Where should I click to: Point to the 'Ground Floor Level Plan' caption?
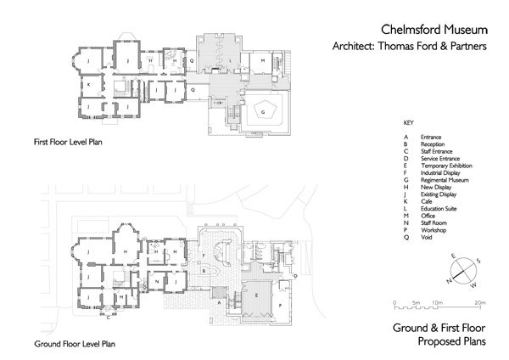point(74,345)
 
